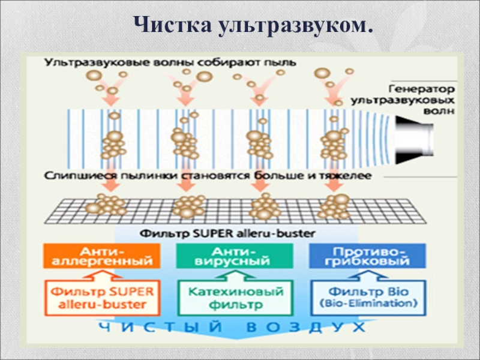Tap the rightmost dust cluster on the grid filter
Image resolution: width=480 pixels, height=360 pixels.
coord(334,205)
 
